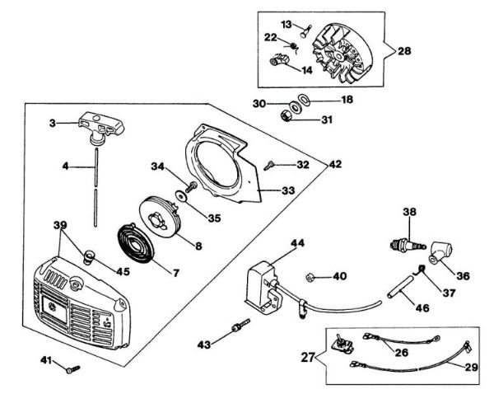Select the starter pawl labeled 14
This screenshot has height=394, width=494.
(x=280, y=59)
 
